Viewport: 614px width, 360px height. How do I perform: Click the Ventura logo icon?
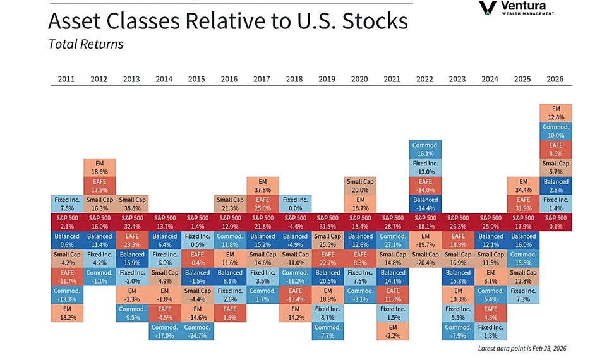[487, 8]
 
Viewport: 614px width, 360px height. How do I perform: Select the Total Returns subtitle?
[85, 44]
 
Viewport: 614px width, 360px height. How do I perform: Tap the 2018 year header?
[294, 79]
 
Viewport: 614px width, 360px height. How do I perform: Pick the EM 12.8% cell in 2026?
[556, 112]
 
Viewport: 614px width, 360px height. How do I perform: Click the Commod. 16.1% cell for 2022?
[425, 149]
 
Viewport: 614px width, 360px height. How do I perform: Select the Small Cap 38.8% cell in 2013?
[131, 203]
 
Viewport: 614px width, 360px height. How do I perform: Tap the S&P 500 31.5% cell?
[327, 222]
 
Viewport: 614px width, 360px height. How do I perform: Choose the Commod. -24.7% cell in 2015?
[196, 331]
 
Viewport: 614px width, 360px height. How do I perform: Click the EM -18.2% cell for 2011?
[66, 313]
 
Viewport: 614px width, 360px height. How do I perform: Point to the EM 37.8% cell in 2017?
[262, 186]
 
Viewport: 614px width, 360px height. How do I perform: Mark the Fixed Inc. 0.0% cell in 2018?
[294, 203]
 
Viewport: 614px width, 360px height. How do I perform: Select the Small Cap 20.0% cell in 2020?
[360, 186]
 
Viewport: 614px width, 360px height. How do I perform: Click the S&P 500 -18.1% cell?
[425, 222]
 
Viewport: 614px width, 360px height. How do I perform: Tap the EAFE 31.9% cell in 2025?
[523, 203]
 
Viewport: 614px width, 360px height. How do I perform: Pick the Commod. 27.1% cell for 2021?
[392, 240]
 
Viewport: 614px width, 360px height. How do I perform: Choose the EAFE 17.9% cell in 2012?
[99, 186]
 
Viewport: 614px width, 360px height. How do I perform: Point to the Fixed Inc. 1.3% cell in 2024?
[490, 331]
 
